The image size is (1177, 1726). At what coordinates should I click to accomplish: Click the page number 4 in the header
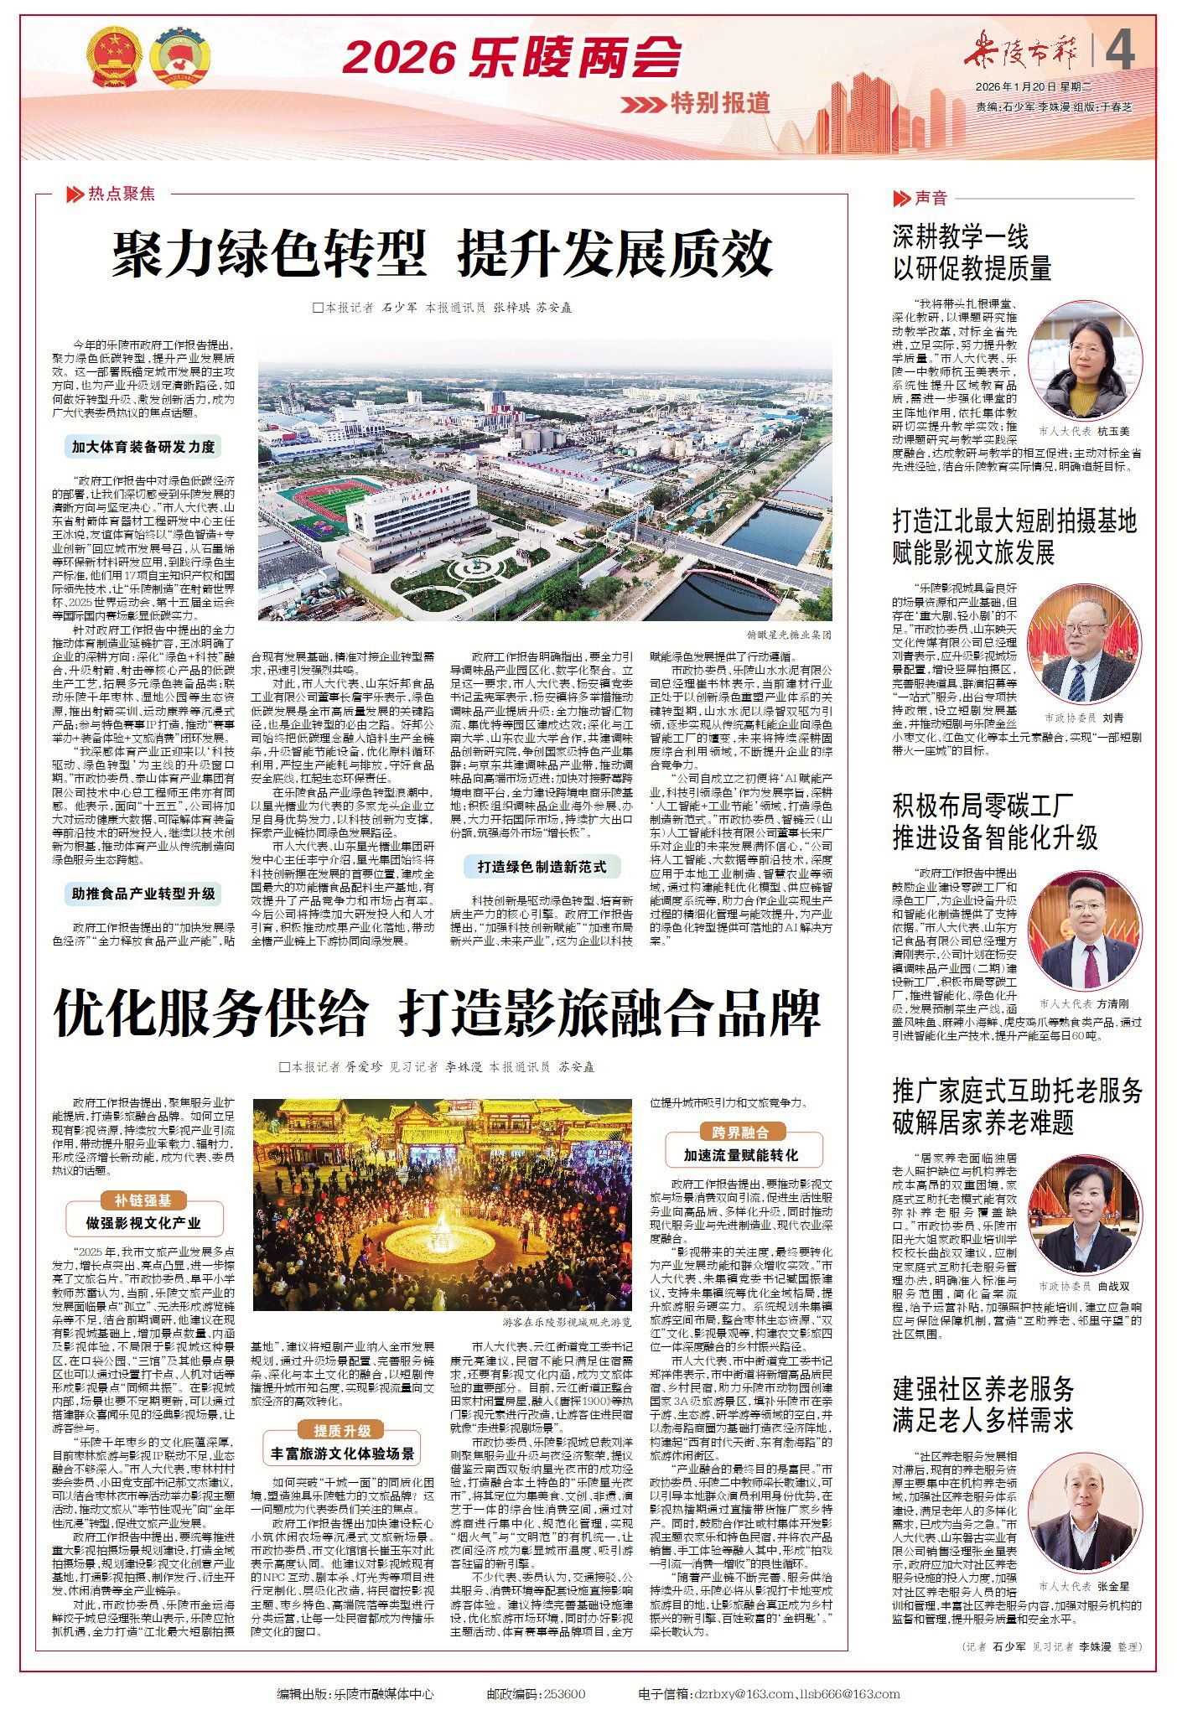coord(1120,51)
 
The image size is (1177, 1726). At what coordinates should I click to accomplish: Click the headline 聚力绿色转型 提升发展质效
coord(442,255)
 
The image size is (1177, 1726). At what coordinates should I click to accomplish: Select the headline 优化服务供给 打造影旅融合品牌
coord(436,1013)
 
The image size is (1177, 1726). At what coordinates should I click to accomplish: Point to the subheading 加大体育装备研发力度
coord(143,447)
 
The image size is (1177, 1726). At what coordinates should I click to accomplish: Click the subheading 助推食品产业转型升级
coord(143,894)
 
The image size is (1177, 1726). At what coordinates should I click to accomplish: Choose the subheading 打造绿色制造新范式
coord(542,867)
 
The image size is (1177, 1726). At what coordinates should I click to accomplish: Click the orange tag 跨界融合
coord(740,1133)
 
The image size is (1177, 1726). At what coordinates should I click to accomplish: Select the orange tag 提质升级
coord(342,1430)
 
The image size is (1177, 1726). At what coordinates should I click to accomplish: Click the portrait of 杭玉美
coord(1085,371)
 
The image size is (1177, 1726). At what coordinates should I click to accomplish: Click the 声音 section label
coord(931,198)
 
